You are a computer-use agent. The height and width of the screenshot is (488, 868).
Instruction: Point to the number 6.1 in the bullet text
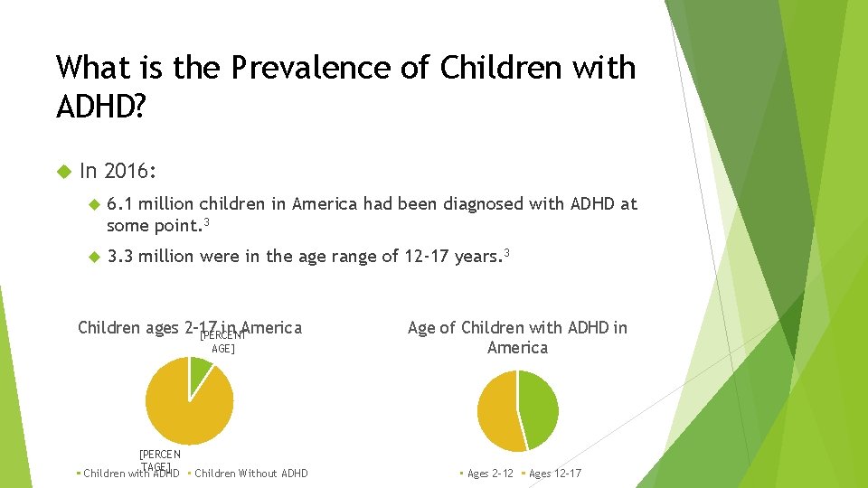(120, 204)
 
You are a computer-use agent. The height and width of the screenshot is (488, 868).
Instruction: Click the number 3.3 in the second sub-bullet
(120, 257)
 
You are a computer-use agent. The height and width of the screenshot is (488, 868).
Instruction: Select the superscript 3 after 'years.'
(507, 253)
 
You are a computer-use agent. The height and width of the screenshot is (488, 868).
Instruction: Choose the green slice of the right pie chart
(539, 407)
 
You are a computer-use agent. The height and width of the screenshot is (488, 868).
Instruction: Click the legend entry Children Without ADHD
(250, 474)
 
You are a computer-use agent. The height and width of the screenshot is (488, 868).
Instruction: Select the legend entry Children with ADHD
(130, 474)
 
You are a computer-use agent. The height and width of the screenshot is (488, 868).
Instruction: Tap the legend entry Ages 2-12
(489, 474)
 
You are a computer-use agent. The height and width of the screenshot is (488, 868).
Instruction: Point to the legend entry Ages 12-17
(554, 474)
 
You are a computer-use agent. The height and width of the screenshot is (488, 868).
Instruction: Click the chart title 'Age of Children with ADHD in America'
(517, 337)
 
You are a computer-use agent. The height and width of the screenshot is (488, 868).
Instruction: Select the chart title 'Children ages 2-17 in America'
(190, 327)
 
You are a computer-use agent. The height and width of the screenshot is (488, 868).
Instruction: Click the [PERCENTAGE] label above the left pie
(222, 342)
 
